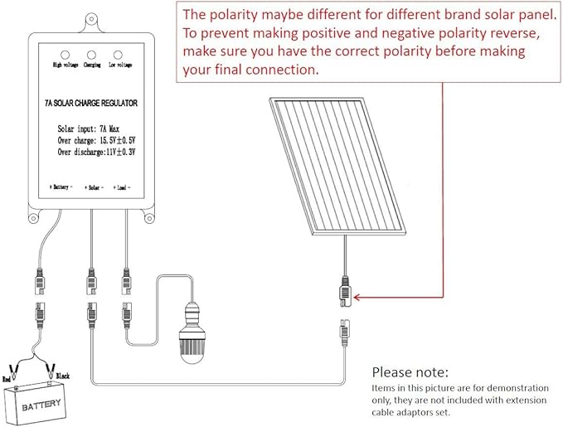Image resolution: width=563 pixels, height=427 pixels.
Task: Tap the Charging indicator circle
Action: (92, 51)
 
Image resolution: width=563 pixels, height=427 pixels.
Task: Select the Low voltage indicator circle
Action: (119, 51)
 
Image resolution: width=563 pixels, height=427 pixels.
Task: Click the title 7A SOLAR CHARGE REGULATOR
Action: (91, 104)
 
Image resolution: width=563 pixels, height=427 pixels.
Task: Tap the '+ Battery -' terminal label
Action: (61, 187)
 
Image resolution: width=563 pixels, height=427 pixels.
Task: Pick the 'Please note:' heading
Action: (410, 371)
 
